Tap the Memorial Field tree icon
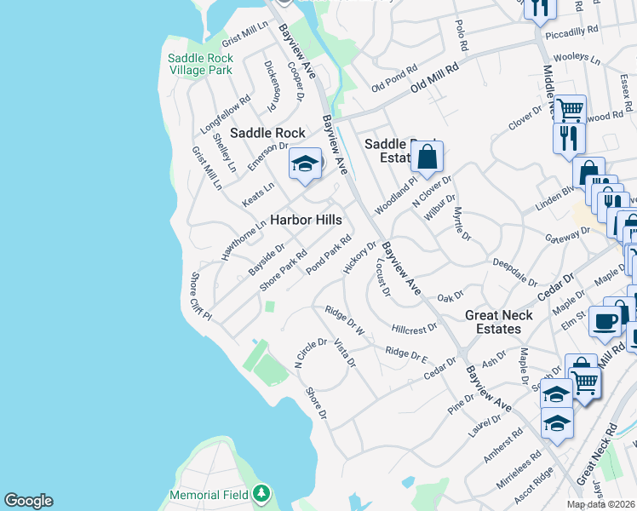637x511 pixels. [262, 494]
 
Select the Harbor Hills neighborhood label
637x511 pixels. [306, 220]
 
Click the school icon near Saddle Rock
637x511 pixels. [304, 164]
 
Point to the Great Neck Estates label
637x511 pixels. [498, 322]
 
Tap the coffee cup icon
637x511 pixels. [605, 320]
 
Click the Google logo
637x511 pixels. [28, 501]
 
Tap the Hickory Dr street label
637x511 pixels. [359, 258]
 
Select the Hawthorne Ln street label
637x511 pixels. [238, 243]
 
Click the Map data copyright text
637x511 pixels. [600, 504]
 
